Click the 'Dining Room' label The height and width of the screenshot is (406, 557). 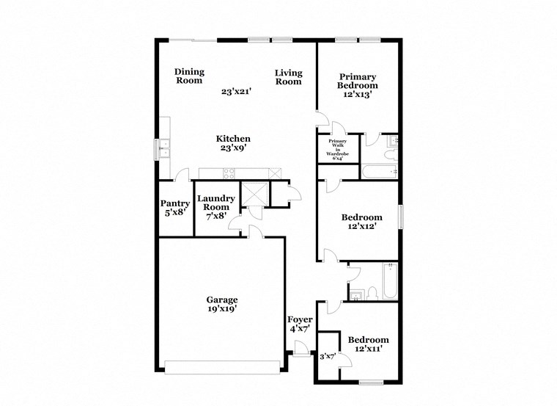pos(189,76)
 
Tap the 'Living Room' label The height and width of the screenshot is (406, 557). pos(289,77)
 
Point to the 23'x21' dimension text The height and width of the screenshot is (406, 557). pos(237,92)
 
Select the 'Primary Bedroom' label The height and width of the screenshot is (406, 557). pos(357,86)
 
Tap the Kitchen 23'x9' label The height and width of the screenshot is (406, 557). pos(233,143)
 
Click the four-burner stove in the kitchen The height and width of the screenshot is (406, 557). pos(228,173)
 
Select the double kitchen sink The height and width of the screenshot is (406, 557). pos(163,148)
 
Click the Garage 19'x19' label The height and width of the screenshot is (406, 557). pos(221,304)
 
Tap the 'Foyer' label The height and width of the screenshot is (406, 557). pos(300,324)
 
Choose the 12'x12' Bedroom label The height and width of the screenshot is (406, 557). pos(362,222)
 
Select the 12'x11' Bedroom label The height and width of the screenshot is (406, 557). pos(368,344)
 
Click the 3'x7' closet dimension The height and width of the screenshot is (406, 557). pos(327,356)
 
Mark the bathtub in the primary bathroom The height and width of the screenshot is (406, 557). pos(378,173)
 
